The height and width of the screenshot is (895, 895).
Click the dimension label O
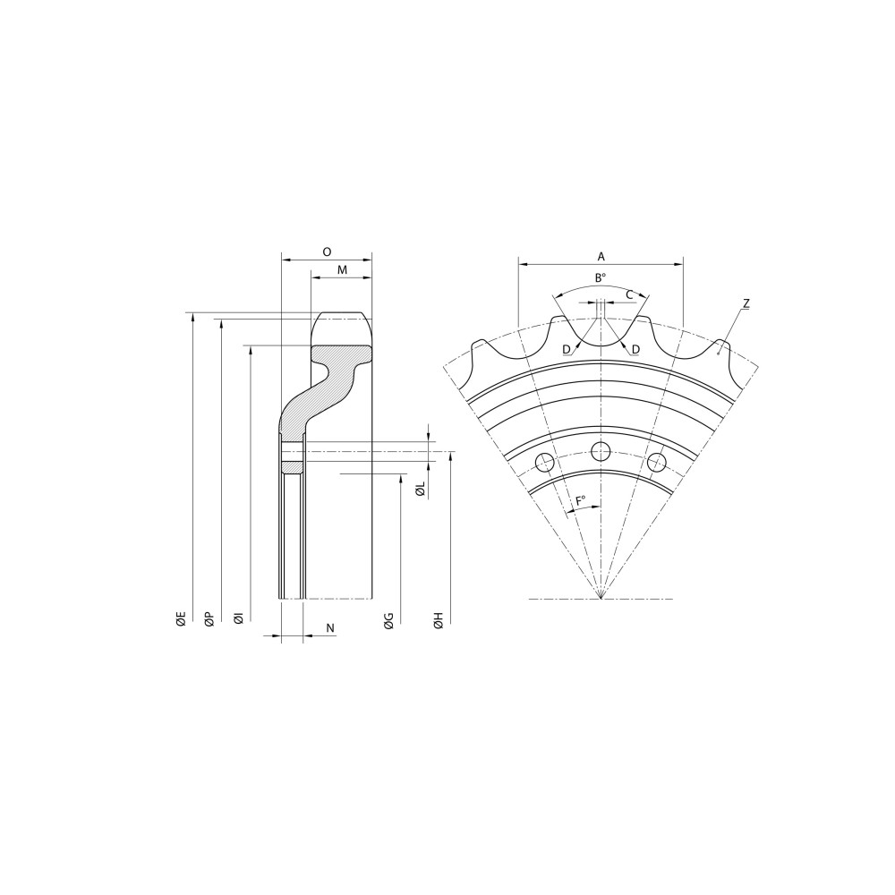point(327,252)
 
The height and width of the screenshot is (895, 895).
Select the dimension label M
point(342,270)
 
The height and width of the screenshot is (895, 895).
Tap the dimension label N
point(330,628)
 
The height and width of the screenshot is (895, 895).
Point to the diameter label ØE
point(181,618)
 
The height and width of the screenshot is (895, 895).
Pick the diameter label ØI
point(238,618)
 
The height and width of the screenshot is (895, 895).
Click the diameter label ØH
point(438,620)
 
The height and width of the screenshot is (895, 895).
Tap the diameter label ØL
point(420,489)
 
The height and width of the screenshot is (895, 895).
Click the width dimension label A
point(601,256)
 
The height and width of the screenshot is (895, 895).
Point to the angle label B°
point(601,277)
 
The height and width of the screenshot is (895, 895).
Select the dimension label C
point(629,294)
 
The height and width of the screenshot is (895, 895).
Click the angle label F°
point(581,501)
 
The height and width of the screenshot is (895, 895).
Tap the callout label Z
point(746,304)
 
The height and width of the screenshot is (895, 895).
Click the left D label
point(567,349)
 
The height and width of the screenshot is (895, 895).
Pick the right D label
point(635,349)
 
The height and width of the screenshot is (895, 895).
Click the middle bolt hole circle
point(601,450)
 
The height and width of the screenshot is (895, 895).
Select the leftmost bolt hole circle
point(543,463)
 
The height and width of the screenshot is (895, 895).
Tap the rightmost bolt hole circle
point(657,463)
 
